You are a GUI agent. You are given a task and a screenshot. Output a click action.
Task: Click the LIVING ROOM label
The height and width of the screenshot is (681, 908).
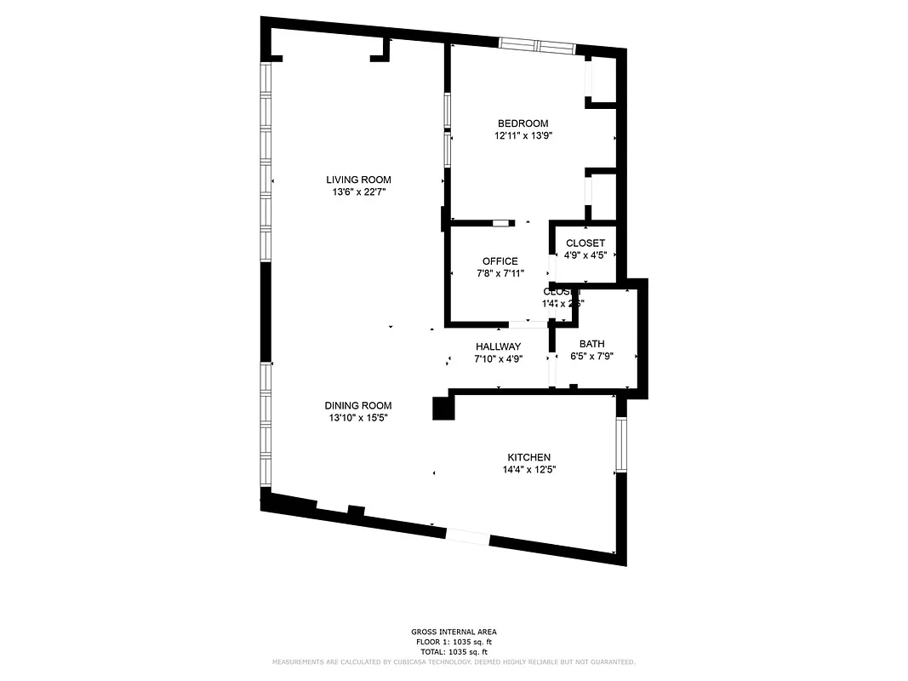coord(358,180)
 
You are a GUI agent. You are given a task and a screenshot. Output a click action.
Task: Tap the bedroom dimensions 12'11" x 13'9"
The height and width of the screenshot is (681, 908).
coord(524,136)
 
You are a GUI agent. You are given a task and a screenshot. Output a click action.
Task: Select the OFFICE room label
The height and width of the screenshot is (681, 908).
coord(500,261)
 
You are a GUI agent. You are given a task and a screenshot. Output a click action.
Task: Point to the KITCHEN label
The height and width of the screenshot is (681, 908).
coord(529,457)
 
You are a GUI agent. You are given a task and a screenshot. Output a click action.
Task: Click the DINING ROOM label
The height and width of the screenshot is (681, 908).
coord(357,405)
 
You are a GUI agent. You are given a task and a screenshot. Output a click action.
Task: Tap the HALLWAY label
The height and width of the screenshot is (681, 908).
coord(498,346)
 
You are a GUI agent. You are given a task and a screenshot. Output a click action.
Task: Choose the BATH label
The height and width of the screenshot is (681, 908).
coord(591,344)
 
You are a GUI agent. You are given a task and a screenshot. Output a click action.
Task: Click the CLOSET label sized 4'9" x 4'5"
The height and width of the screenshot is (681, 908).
coord(585,243)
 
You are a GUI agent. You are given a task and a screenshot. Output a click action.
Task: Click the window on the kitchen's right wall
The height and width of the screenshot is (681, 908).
coord(621,445)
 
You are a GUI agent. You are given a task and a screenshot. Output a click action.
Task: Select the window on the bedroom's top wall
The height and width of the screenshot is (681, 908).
coord(536,46)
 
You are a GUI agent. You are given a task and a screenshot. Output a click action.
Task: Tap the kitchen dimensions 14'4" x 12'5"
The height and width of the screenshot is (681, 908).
coord(529,469)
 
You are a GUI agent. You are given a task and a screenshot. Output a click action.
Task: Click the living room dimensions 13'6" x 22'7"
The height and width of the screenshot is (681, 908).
coord(358,192)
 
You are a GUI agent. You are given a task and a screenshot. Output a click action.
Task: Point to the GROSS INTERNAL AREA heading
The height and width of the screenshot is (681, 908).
coord(453,632)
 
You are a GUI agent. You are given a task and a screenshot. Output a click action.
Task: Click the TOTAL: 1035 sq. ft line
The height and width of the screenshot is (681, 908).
coord(453,651)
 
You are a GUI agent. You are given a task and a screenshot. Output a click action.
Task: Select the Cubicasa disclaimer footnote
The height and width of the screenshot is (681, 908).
coord(453,661)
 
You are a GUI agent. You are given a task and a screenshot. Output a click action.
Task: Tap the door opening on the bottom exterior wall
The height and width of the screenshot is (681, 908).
coord(468,537)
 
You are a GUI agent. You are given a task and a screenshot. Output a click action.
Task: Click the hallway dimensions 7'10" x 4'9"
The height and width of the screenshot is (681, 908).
coord(498,359)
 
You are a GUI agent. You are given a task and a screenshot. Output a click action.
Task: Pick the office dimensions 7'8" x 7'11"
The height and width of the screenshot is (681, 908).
coord(500,273)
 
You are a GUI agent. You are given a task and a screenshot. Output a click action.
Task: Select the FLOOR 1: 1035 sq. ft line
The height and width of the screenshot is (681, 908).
coord(453,642)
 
